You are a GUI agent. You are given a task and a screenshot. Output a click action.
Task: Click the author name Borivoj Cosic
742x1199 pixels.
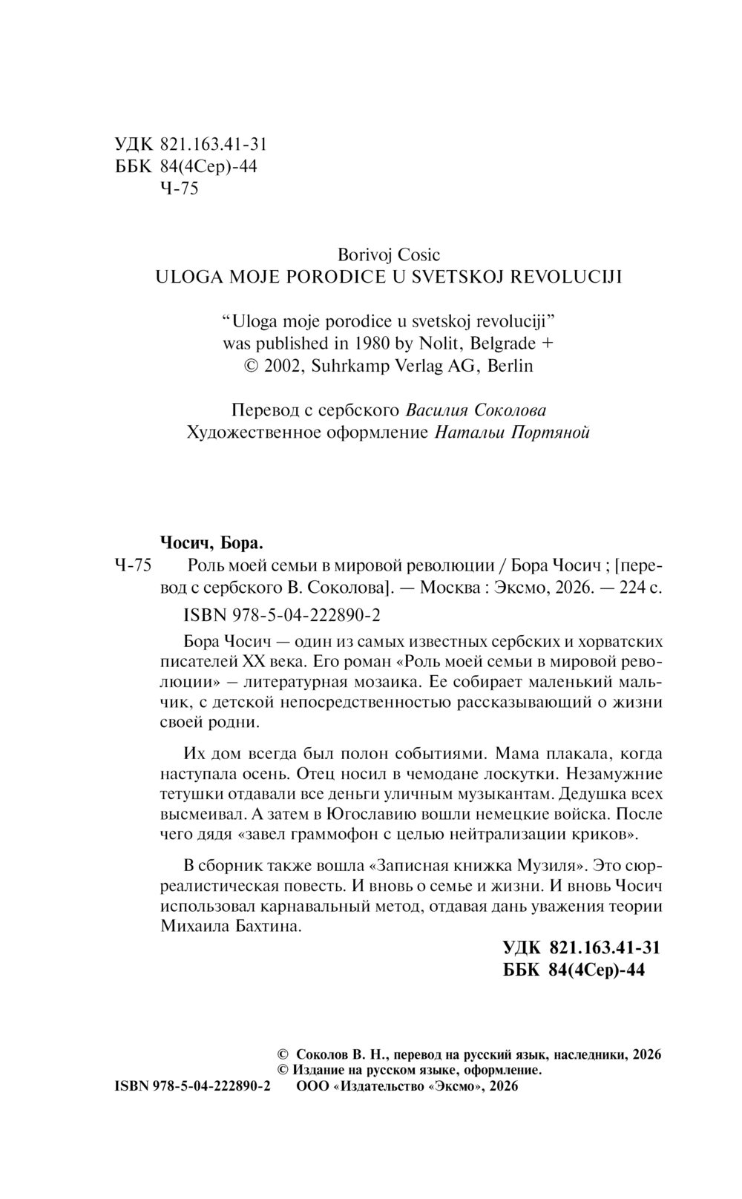pos(389,255)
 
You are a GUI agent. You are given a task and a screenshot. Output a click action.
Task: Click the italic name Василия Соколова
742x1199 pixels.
pos(476,410)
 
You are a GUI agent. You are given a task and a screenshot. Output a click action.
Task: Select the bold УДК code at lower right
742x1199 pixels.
pos(581,947)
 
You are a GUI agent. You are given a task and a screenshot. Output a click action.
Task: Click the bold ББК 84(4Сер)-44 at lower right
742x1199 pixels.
pos(574,970)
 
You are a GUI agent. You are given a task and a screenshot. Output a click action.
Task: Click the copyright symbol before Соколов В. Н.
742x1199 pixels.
pos(282,1054)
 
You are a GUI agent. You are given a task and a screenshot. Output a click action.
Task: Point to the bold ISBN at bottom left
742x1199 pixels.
pos(193,1085)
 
